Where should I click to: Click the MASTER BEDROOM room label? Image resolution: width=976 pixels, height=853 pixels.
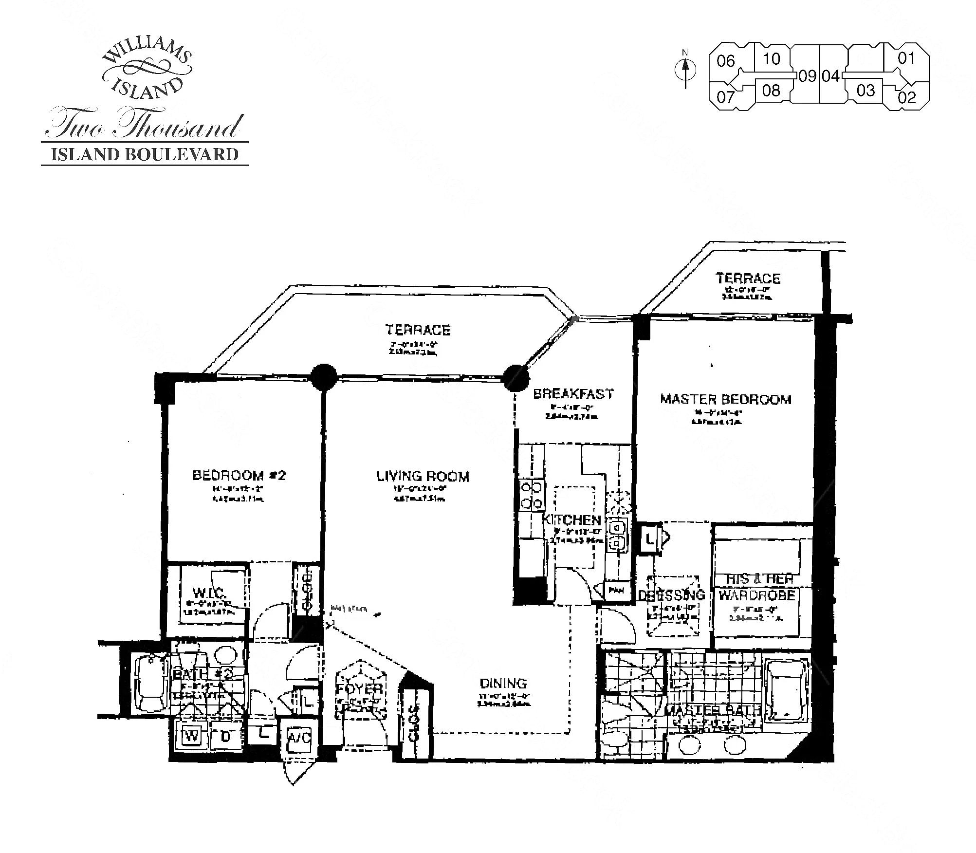click(725, 400)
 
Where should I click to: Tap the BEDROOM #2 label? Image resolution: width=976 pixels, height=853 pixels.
click(239, 475)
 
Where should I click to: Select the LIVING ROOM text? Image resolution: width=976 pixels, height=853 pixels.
click(423, 476)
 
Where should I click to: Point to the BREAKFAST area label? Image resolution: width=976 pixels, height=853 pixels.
click(573, 394)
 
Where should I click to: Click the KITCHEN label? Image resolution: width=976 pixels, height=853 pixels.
click(572, 520)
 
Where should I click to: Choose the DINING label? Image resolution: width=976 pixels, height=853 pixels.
click(503, 684)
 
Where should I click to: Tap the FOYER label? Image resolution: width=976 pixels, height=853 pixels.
click(360, 689)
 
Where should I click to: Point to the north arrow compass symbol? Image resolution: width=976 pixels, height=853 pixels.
click(685, 71)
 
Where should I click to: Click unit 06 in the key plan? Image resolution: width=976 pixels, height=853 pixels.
click(725, 61)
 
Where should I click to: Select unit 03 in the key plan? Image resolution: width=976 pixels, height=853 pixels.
click(866, 91)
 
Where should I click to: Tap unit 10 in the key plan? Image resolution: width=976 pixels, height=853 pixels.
click(771, 59)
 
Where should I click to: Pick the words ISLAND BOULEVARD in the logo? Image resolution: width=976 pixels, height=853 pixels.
click(145, 154)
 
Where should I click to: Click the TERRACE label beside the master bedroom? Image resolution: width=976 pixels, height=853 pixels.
click(748, 278)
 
